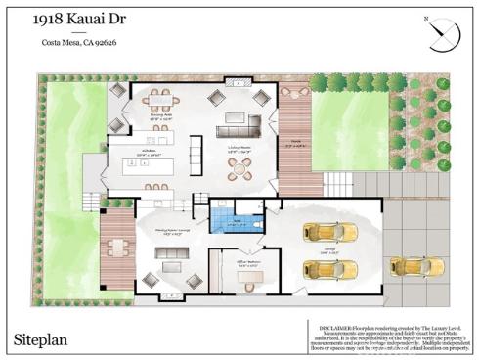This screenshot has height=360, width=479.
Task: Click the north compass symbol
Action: click(x=444, y=33)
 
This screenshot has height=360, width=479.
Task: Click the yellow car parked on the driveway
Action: click(x=429, y=266)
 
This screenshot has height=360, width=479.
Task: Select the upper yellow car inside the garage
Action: click(x=324, y=232)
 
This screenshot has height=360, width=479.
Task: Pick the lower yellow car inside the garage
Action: click(x=322, y=268)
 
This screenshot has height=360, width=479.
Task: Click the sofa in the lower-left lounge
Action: click(x=168, y=255)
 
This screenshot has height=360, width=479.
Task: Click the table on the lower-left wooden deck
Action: click(x=117, y=247)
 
